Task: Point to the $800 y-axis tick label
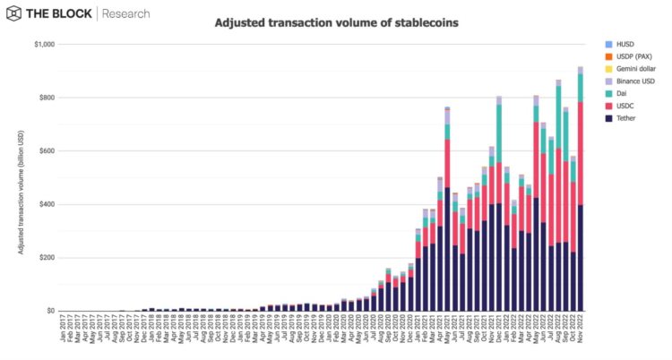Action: pyautogui.click(x=47, y=98)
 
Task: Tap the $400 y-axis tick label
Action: pyautogui.click(x=47, y=204)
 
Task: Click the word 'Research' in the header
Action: pyautogui.click(x=126, y=13)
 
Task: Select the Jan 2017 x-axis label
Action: pyautogui.click(x=63, y=330)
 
